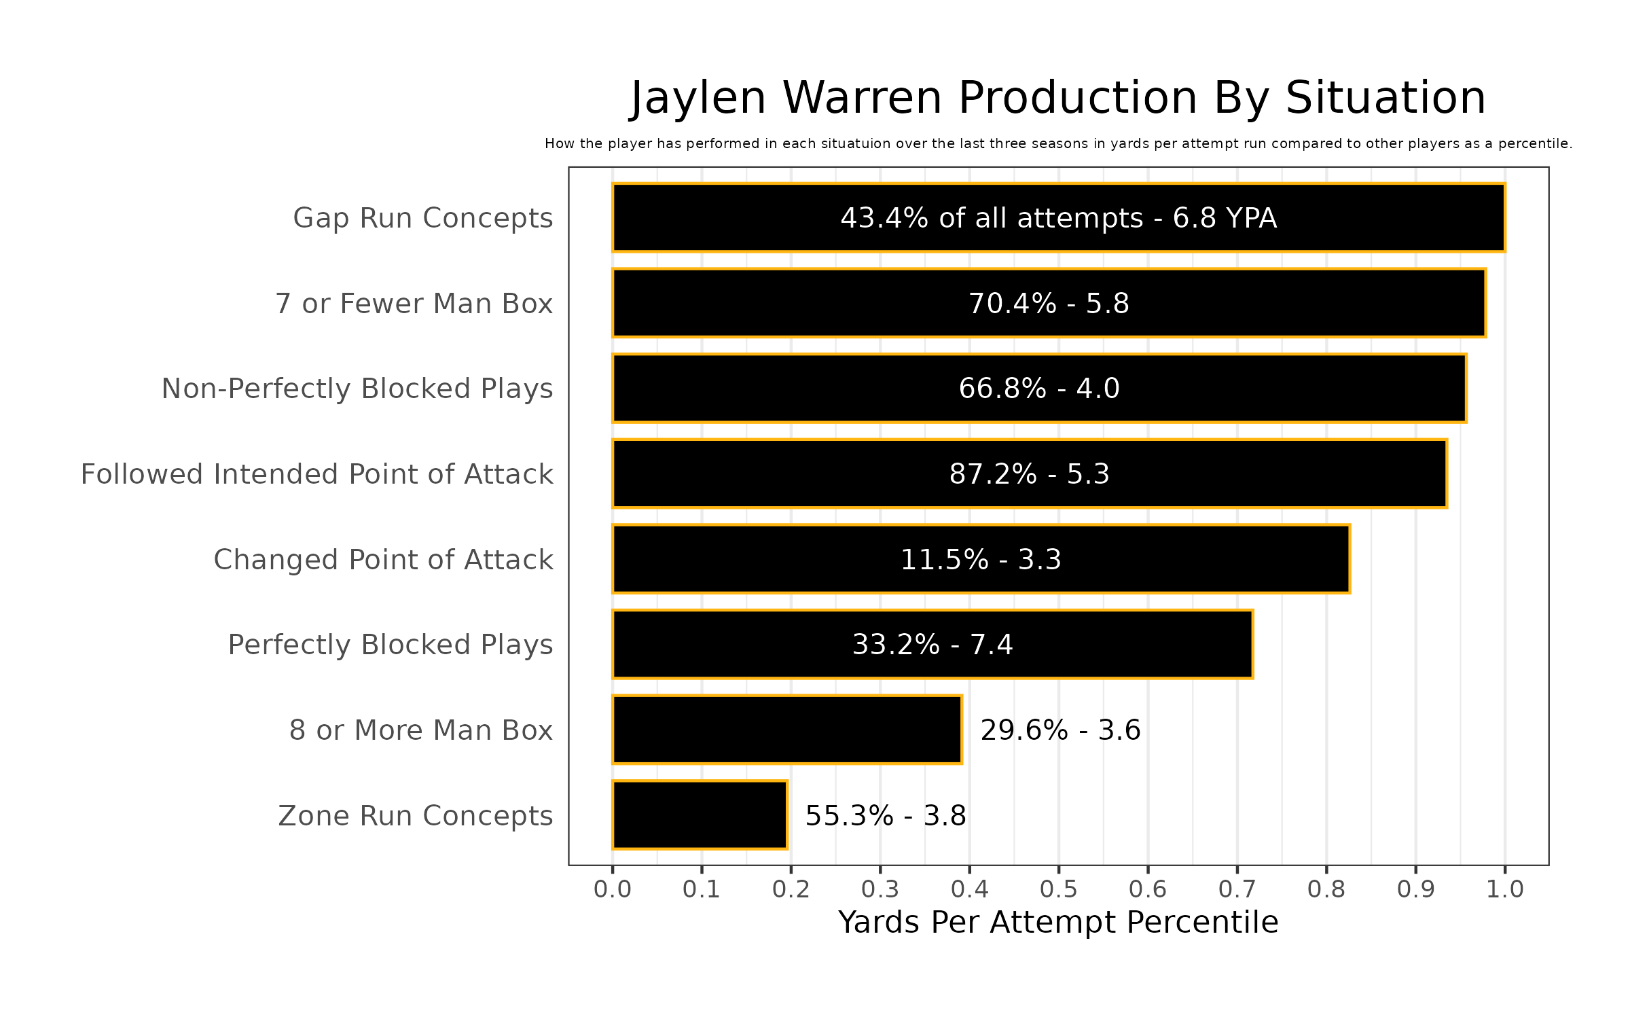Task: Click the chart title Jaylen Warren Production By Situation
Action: point(1058,98)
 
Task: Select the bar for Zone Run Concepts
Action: point(700,815)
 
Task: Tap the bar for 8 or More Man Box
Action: point(786,730)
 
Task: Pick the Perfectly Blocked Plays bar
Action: point(932,644)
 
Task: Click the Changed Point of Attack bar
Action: point(981,559)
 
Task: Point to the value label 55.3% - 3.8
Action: point(886,816)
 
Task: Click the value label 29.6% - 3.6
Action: point(1060,730)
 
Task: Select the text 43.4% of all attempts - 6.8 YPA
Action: point(1058,218)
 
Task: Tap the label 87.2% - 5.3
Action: point(1029,474)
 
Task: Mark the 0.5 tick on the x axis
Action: point(1059,889)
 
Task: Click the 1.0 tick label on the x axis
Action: point(1505,889)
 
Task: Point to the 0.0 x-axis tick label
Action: point(613,889)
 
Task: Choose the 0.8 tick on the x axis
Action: point(1326,889)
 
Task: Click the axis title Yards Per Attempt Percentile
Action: point(1058,923)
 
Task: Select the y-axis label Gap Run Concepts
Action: point(422,218)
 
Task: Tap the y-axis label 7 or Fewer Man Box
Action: point(414,304)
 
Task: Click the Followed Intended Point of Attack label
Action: point(316,474)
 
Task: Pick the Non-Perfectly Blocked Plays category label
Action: point(357,389)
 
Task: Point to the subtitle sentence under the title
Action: point(1058,144)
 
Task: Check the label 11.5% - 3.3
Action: point(981,560)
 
